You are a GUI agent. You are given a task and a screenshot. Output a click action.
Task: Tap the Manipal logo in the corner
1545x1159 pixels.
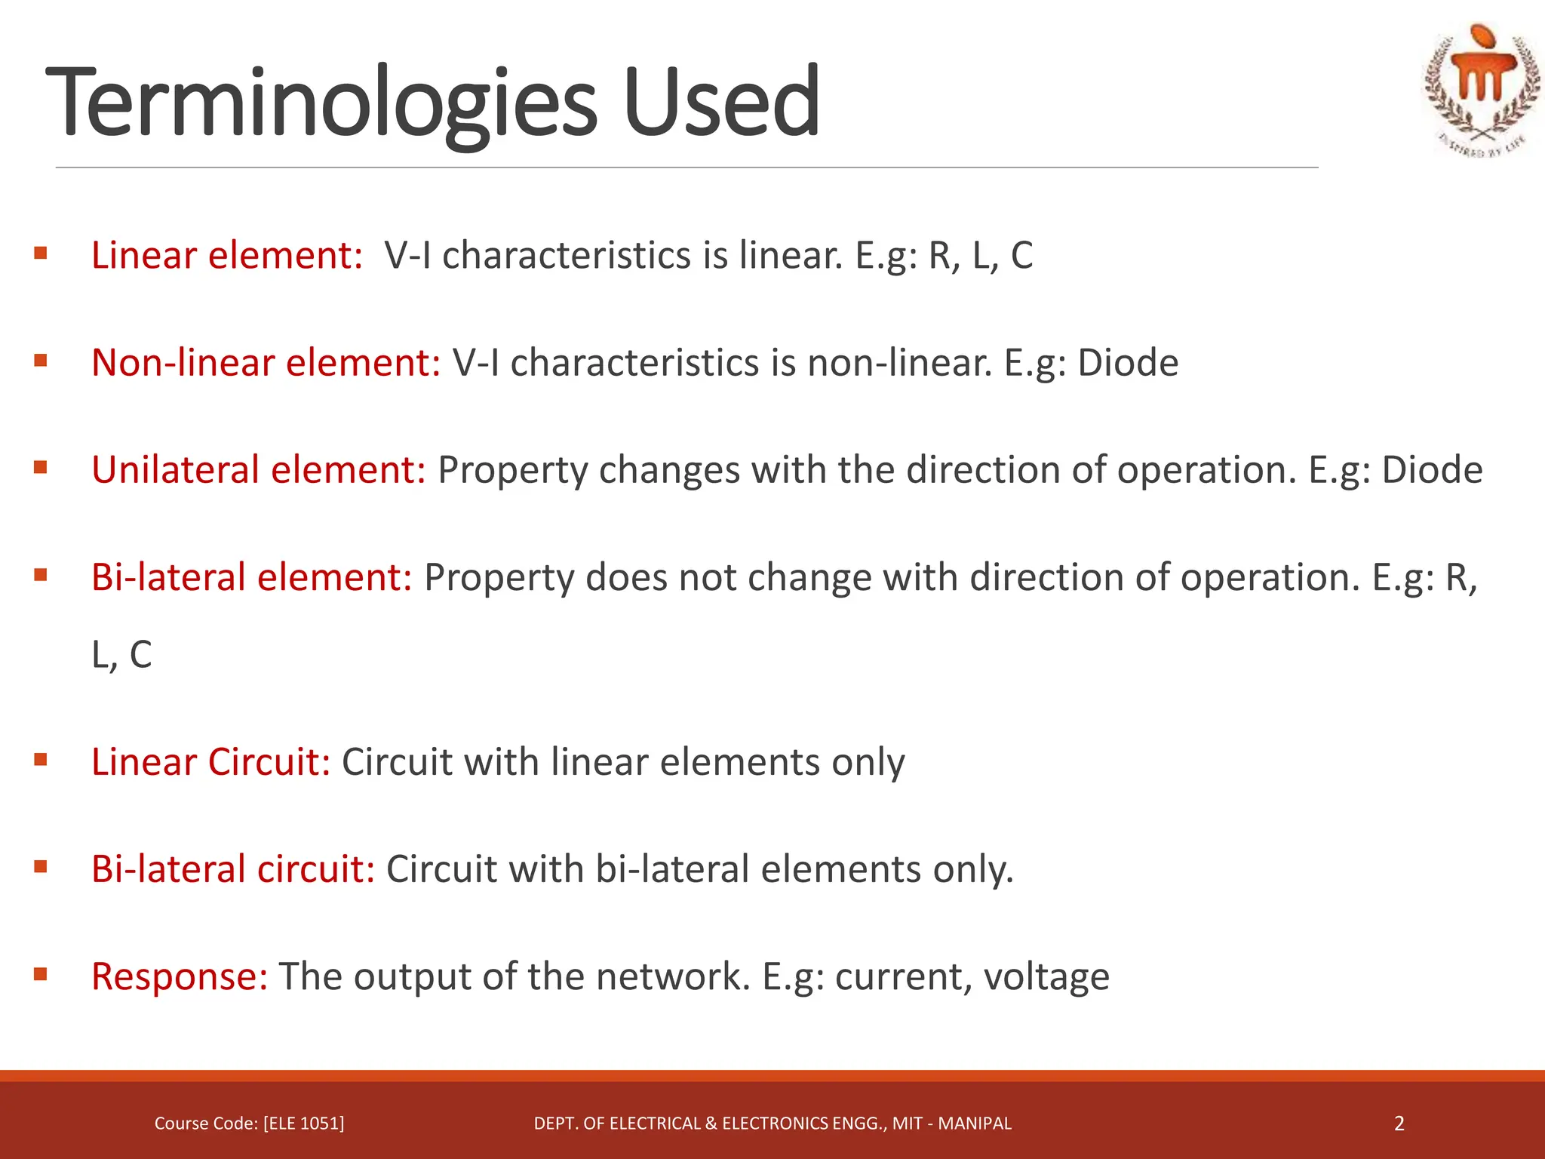pyautogui.click(x=1482, y=91)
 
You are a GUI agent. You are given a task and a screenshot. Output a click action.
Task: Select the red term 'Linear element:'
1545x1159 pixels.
pyautogui.click(x=227, y=255)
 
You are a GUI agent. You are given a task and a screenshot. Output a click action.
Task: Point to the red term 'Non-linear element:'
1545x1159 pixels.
pyautogui.click(x=266, y=362)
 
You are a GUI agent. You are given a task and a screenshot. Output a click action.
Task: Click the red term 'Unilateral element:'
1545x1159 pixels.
pyautogui.click(x=259, y=469)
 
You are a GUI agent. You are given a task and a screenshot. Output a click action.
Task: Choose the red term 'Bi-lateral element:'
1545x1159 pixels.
pyautogui.click(x=252, y=577)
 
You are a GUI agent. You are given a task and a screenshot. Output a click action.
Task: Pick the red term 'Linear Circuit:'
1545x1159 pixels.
pyautogui.click(x=211, y=761)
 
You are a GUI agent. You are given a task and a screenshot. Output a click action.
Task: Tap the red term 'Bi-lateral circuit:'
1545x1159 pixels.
pyautogui.click(x=233, y=868)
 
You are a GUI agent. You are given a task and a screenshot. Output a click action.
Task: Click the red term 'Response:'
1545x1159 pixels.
pyautogui.click(x=180, y=976)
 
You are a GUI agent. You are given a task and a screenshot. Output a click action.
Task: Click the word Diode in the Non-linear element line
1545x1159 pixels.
pyautogui.click(x=1128, y=362)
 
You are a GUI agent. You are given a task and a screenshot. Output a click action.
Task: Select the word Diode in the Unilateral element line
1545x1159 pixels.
pyautogui.click(x=1432, y=469)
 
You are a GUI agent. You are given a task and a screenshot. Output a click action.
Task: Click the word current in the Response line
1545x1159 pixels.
pyautogui.click(x=897, y=976)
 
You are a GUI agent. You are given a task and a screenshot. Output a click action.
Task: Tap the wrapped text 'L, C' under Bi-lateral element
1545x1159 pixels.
pyautogui.click(x=121, y=654)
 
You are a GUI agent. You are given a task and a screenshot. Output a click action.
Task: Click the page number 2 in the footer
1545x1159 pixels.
pyautogui.click(x=1399, y=1124)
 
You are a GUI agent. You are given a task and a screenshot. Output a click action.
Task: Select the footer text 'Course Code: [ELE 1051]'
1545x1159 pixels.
pyautogui.click(x=249, y=1124)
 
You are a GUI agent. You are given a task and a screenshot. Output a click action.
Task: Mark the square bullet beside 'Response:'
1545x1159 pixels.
pyautogui.click(x=41, y=974)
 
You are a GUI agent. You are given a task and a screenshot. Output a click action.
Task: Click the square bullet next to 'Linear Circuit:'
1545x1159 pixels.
pyautogui.click(x=41, y=759)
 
